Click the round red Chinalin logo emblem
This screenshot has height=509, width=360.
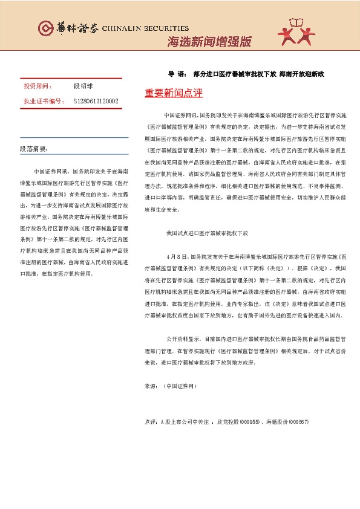click(x=45, y=28)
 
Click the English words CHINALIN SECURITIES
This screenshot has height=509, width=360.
click(x=145, y=28)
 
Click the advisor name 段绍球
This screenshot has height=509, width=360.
click(x=82, y=86)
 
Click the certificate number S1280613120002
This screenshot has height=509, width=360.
click(x=96, y=101)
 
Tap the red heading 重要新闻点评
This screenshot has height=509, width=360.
click(x=174, y=94)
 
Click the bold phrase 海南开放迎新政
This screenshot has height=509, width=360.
click(x=302, y=74)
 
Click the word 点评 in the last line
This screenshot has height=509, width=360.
click(x=151, y=421)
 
